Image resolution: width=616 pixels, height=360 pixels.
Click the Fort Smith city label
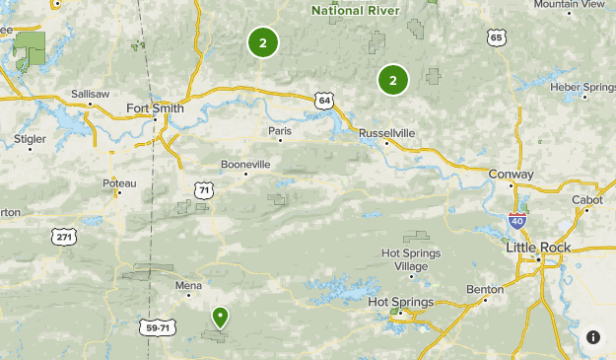[155, 109]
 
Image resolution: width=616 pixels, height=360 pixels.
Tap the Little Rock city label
[538, 247]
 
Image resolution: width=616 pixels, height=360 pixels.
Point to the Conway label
[511, 175]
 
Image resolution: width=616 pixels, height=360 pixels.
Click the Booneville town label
[244, 164]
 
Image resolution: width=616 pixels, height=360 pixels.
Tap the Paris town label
[281, 130]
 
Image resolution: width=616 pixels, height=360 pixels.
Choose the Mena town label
[188, 286]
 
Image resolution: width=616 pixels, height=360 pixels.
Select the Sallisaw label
[90, 94]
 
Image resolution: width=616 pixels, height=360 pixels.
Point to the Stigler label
[30, 139]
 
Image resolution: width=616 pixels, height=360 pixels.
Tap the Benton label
[486, 289]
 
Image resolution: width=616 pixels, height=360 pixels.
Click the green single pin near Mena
[220, 317]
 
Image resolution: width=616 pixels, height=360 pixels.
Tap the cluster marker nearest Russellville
[392, 80]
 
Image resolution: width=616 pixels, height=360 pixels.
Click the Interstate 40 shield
[516, 221]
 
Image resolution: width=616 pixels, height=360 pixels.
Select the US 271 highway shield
[64, 237]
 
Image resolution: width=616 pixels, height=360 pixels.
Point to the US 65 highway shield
[496, 37]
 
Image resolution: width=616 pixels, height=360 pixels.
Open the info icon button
[593, 337]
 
